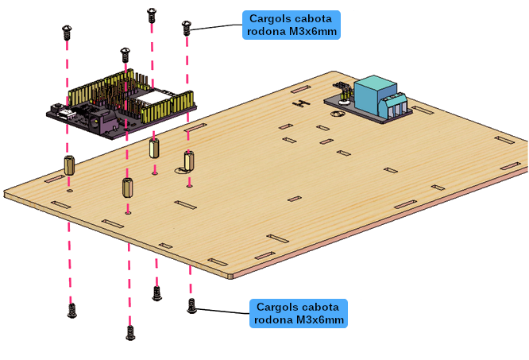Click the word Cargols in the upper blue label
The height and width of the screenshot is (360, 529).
click(268, 18)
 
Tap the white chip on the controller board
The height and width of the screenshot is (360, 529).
click(152, 98)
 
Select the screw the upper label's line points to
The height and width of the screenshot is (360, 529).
click(186, 28)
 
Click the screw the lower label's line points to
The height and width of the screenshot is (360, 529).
click(191, 306)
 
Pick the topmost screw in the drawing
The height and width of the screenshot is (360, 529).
click(152, 15)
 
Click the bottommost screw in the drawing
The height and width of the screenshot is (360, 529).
click(130, 333)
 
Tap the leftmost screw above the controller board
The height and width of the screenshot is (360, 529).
click(67, 33)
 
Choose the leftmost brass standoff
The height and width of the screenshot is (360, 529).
click(69, 165)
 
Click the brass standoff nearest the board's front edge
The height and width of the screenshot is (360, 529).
click(127, 188)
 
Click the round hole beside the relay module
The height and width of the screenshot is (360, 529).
click(338, 114)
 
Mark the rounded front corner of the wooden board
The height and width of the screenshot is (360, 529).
click(230, 276)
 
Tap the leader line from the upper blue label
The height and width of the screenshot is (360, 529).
click(216, 27)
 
